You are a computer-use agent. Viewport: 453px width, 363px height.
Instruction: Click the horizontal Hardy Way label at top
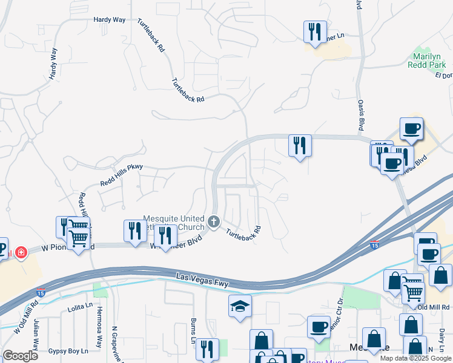(109, 20)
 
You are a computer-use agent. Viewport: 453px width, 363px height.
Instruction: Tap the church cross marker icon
(213, 222)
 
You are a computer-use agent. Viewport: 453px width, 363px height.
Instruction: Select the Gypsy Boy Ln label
(68, 351)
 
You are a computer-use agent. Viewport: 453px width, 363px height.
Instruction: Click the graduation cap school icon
(240, 306)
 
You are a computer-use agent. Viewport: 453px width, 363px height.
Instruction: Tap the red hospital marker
(21, 251)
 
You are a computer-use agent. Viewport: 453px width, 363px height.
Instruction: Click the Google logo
(21, 356)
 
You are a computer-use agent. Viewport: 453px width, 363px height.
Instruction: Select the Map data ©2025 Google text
(415, 358)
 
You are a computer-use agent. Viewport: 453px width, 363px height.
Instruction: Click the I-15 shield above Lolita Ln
(41, 291)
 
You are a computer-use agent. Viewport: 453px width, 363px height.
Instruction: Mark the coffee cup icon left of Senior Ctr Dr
(319, 327)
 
